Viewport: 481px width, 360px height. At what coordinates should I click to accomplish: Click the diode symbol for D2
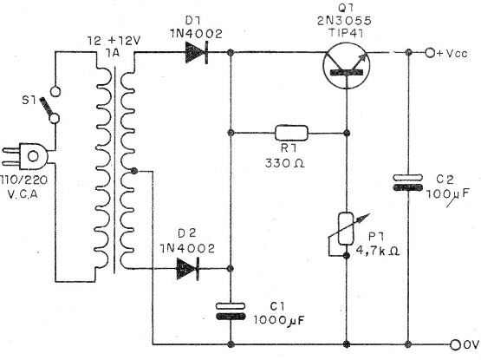point(189,269)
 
